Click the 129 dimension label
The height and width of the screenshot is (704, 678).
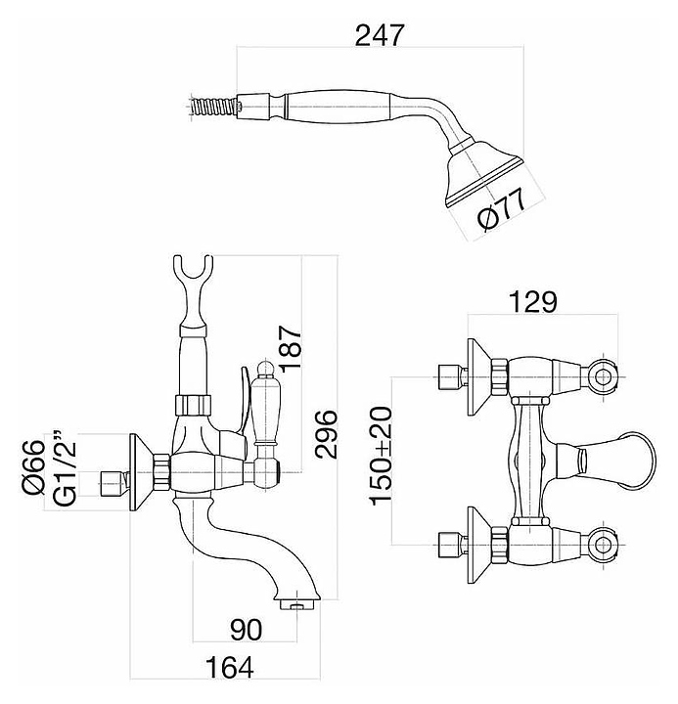pyautogui.click(x=532, y=302)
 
